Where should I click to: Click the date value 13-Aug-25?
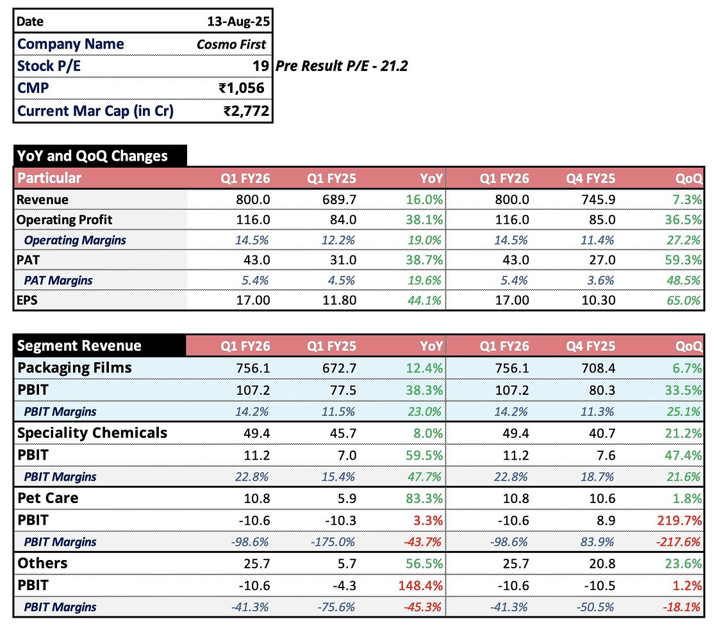238,21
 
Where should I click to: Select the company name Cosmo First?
231,44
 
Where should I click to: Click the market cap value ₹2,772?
246,111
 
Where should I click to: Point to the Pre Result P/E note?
342,66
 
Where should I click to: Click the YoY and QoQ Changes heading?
92,156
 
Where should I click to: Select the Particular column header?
49,178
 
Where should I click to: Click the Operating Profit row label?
64,220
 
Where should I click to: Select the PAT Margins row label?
58,280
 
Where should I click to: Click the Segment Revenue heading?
79,346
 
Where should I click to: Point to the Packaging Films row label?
74,367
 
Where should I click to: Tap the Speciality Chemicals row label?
92,433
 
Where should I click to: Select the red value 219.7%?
683,520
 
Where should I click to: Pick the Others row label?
42,563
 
